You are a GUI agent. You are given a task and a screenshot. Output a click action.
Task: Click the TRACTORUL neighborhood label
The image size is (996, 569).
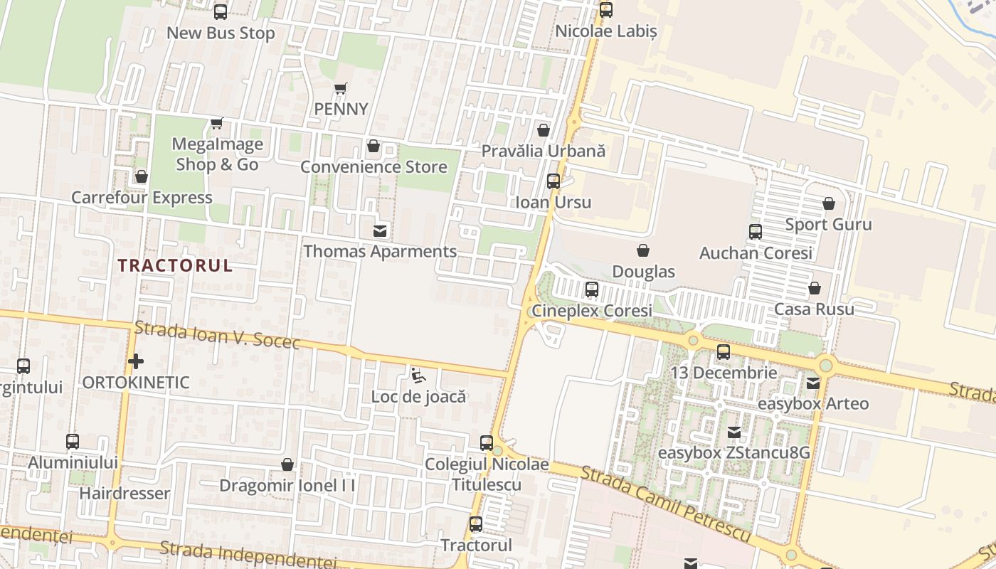click(x=175, y=266)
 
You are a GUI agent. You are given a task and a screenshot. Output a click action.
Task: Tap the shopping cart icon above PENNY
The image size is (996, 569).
click(x=341, y=89)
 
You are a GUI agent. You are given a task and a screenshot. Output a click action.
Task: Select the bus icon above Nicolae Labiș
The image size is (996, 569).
click(x=605, y=10)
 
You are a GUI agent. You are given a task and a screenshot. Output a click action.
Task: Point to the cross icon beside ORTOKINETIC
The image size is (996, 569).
click(x=136, y=361)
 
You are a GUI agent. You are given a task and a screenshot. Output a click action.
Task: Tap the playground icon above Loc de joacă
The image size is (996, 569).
click(x=418, y=375)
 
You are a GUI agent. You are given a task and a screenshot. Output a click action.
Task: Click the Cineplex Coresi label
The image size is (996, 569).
click(x=592, y=311)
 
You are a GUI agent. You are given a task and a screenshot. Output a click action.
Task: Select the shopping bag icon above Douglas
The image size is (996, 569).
click(x=643, y=250)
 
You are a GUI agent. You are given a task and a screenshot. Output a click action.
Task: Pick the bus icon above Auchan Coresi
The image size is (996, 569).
click(x=756, y=232)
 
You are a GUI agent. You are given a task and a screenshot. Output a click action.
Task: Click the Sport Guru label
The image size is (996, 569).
click(x=828, y=225)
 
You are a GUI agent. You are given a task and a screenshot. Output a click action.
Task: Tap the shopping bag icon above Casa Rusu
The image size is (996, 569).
click(x=815, y=288)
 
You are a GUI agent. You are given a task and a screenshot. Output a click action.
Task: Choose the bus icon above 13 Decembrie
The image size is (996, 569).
click(x=724, y=351)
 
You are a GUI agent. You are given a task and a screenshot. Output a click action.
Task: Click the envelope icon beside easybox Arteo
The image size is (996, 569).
click(x=813, y=383)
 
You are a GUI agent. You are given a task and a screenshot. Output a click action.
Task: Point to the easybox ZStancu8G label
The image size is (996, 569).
click(x=733, y=453)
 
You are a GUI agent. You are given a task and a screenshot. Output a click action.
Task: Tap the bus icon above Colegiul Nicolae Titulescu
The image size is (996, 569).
click(x=487, y=442)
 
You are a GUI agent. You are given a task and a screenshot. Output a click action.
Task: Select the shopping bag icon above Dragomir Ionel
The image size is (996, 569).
click(x=287, y=464)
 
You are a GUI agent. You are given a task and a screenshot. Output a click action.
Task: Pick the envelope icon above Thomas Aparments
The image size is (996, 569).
click(x=381, y=230)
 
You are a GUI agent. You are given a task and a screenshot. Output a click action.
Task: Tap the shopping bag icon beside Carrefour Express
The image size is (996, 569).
click(x=142, y=176)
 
